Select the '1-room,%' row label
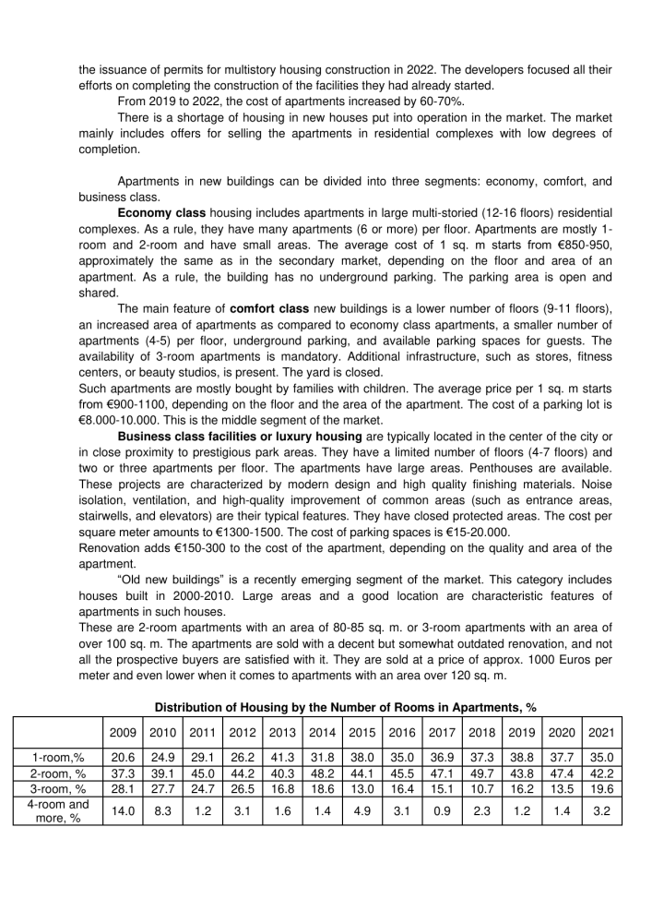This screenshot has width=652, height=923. [x=55, y=758]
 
